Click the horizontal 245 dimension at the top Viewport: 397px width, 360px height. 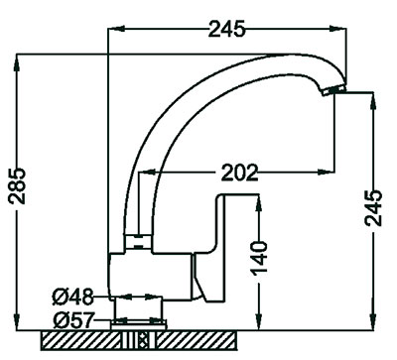click(x=227, y=29)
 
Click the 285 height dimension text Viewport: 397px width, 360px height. click(x=17, y=185)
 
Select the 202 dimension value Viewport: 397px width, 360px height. click(x=239, y=172)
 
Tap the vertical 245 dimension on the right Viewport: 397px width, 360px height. click(x=373, y=208)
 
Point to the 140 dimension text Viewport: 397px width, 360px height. click(x=259, y=258)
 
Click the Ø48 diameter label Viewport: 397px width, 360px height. click(x=72, y=297)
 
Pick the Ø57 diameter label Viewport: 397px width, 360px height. click(x=72, y=320)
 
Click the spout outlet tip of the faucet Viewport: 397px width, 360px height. click(x=333, y=90)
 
